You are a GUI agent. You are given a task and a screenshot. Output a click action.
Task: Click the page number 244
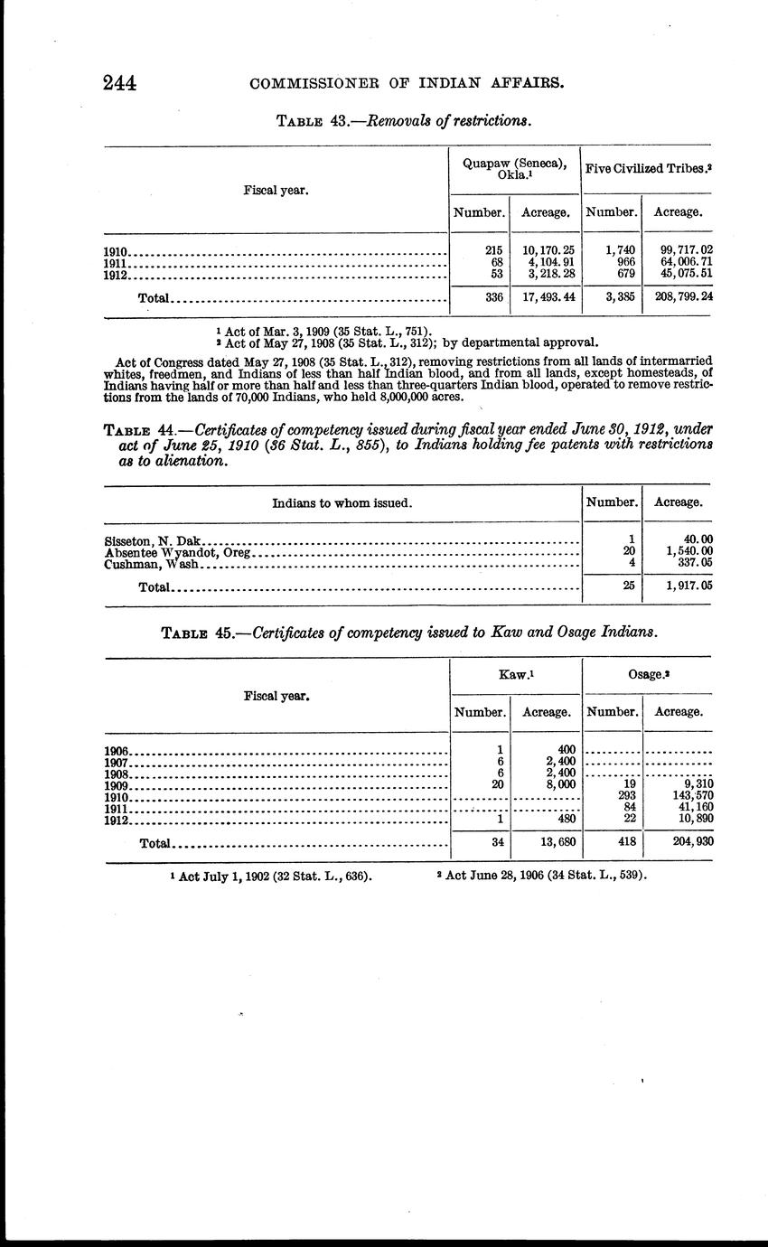pyautogui.click(x=119, y=83)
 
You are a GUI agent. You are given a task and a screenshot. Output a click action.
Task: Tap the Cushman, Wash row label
pyautogui.click(x=150, y=564)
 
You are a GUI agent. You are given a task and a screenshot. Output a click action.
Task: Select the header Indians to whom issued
pyautogui.click(x=342, y=502)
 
